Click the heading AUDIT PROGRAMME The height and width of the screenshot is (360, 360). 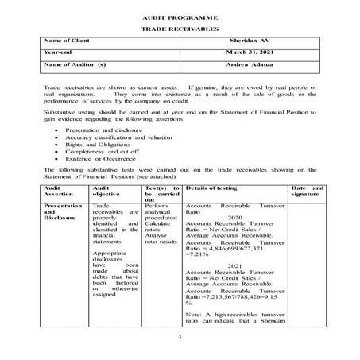(179, 16)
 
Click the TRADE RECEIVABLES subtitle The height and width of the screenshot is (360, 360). (179, 27)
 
